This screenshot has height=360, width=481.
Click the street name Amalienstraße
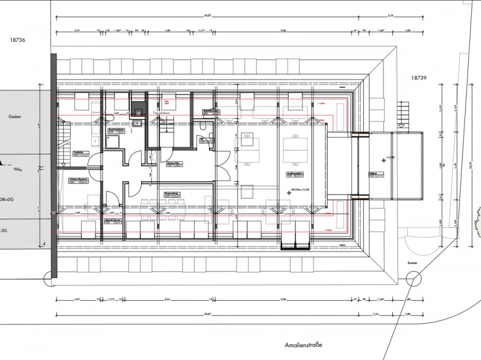click(303, 346)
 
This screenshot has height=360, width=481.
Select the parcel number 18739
click(419, 78)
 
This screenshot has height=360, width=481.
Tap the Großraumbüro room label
click(295, 174)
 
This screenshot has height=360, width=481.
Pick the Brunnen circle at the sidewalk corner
click(413, 279)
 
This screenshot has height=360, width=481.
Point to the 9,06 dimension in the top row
click(282, 31)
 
